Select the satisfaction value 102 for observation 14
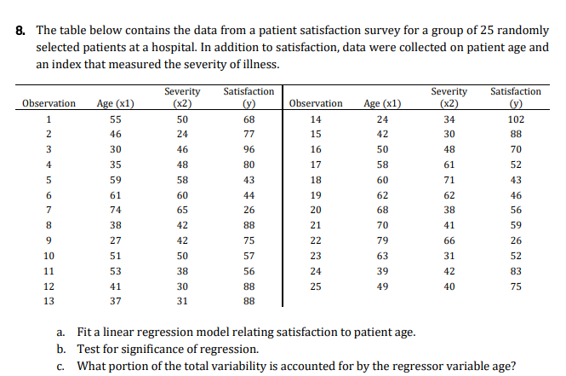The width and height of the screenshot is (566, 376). click(515, 119)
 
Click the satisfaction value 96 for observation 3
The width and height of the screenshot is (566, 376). click(249, 149)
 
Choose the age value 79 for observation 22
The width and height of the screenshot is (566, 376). click(382, 240)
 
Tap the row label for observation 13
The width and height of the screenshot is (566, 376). click(49, 300)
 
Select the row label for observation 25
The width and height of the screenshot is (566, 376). click(316, 285)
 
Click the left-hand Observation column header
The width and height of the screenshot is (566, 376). click(49, 103)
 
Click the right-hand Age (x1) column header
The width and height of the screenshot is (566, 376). click(383, 103)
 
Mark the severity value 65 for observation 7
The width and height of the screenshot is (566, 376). click(182, 210)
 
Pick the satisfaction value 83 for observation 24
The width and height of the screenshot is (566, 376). click(515, 270)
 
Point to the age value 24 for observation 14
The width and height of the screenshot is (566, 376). click(382, 119)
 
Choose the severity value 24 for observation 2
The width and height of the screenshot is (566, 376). click(182, 135)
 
